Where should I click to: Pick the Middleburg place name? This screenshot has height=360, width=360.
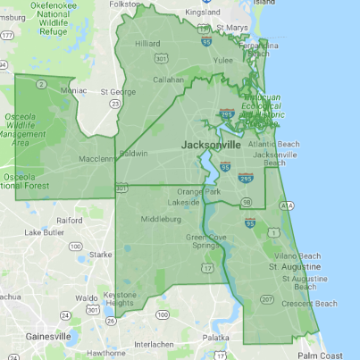[160, 217]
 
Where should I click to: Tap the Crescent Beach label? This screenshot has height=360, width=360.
[310, 303]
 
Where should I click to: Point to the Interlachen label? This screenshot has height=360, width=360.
[155, 344]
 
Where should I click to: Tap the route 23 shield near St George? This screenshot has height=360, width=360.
[113, 104]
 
